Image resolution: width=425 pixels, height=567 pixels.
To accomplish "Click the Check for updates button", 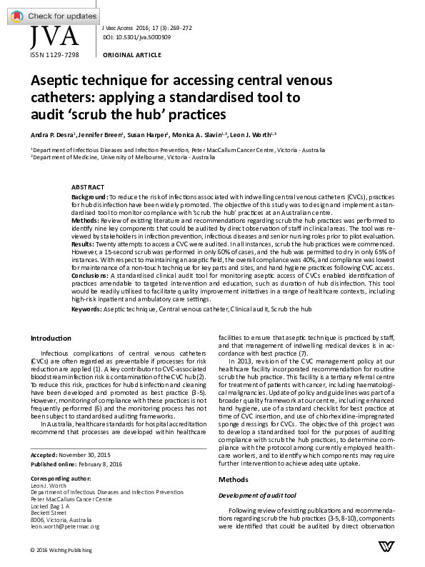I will click(49, 15).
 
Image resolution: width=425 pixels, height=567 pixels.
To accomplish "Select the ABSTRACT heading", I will click(89, 186).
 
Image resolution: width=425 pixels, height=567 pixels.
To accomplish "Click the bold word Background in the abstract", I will click(91, 195).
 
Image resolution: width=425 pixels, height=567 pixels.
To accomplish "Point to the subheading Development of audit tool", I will click(259, 495).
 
